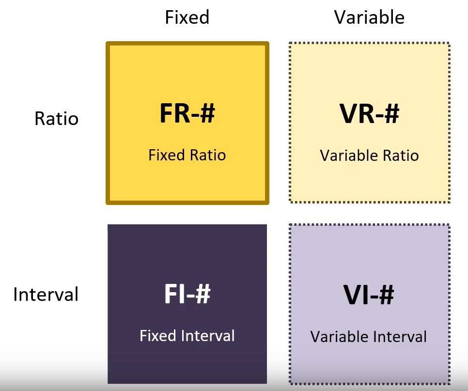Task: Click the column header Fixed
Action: tap(187, 18)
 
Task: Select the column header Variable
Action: tap(369, 18)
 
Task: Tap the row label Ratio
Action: tap(56, 119)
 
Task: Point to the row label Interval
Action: tap(46, 294)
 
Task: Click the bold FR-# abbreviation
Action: tap(187, 114)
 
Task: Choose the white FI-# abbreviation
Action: tap(187, 294)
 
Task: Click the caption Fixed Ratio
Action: tap(187, 155)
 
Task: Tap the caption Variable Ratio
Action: tap(369, 156)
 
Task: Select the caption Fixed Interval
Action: tap(187, 336)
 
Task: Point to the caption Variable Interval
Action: tap(369, 337)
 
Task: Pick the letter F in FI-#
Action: tap(171, 294)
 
